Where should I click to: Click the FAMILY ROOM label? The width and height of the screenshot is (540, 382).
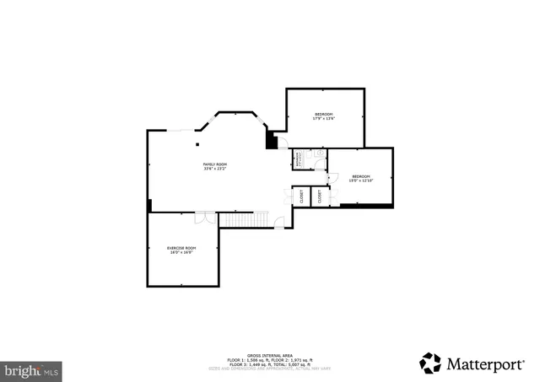214,164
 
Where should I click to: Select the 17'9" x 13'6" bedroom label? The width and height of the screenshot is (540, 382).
324,114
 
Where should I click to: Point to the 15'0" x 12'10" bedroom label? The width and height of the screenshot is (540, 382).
360,175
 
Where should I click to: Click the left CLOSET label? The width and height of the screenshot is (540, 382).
301,196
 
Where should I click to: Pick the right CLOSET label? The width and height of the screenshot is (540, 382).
321,196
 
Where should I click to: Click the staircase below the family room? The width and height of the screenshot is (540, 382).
245,219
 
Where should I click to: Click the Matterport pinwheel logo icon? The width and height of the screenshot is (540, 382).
430,363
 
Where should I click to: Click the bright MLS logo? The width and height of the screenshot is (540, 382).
31,369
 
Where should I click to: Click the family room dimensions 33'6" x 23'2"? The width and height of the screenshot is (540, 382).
214,169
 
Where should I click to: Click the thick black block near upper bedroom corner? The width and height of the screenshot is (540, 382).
272,139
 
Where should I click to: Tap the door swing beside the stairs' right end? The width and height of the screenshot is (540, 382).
279,222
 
